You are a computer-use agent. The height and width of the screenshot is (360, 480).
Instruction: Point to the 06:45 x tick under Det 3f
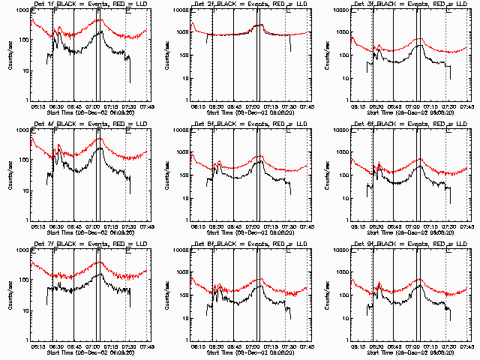click(x=393, y=106)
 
